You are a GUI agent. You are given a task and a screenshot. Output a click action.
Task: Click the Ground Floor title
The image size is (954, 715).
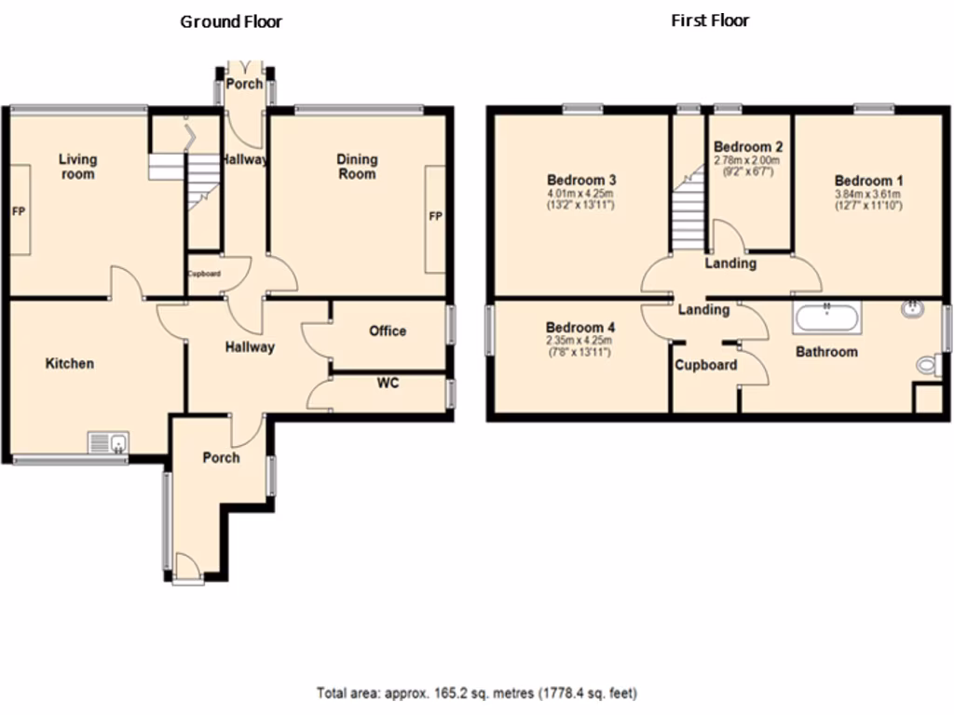[231, 21]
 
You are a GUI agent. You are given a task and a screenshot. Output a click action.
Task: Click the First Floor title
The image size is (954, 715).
[710, 20]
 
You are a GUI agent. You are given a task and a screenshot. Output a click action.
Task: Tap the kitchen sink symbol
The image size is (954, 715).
[111, 443]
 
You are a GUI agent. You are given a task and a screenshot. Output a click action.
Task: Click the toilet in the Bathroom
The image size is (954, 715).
[927, 366]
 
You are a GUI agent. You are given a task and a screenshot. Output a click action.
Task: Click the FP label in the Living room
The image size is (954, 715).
[18, 211]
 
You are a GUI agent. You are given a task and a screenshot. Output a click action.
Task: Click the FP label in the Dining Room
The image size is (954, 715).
[434, 217]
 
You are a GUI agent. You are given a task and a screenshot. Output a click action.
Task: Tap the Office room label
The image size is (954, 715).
[388, 331]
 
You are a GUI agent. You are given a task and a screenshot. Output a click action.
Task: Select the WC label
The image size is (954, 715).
[388, 383]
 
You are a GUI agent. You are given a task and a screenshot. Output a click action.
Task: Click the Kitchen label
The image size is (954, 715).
[70, 363]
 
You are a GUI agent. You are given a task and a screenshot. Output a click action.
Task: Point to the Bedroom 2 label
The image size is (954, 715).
[747, 147]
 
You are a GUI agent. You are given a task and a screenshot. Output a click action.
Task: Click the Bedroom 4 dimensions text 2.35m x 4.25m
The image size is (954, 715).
[579, 341]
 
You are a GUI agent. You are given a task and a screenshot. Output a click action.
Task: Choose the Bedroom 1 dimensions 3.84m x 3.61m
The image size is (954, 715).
[867, 194]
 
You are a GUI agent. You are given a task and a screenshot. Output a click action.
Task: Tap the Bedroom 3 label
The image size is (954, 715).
[581, 180]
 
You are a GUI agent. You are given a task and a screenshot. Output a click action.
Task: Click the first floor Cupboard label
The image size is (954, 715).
[706, 365]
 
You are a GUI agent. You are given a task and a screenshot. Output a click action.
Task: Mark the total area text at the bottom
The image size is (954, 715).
[477, 693]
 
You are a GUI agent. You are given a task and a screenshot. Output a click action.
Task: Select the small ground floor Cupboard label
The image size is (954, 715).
[204, 274]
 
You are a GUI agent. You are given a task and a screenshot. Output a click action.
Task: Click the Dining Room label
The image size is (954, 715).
[357, 167]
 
